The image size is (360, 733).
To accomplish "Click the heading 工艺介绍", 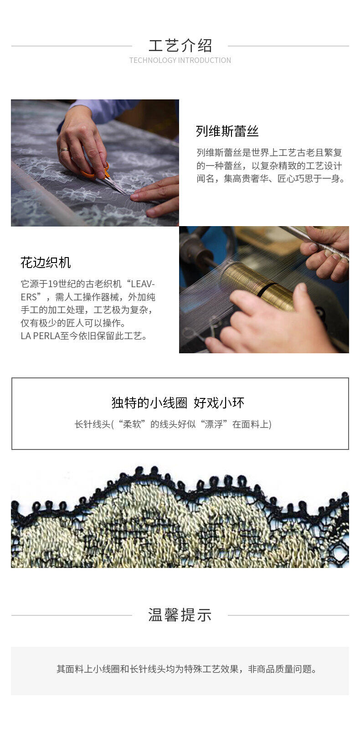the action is point(180,46).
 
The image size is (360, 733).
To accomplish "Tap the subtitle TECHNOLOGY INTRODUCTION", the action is point(180,61).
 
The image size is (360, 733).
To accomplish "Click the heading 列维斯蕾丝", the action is point(227,131).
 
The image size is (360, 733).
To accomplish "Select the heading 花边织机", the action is point(46,263).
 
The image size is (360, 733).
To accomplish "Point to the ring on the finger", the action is point(64,150).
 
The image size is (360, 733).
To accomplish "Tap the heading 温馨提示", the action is point(180,615).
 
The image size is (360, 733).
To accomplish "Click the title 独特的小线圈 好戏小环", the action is point(178,403).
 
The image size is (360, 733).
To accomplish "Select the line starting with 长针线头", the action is point(173,424).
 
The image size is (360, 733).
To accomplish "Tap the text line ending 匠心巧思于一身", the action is point(271,179).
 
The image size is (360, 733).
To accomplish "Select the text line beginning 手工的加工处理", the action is point(87,310).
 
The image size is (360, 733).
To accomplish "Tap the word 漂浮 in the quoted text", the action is point(213,424).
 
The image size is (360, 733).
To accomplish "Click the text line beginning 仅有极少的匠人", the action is point(73,323).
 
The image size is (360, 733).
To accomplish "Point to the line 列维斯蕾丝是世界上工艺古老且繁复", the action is point(269,153).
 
